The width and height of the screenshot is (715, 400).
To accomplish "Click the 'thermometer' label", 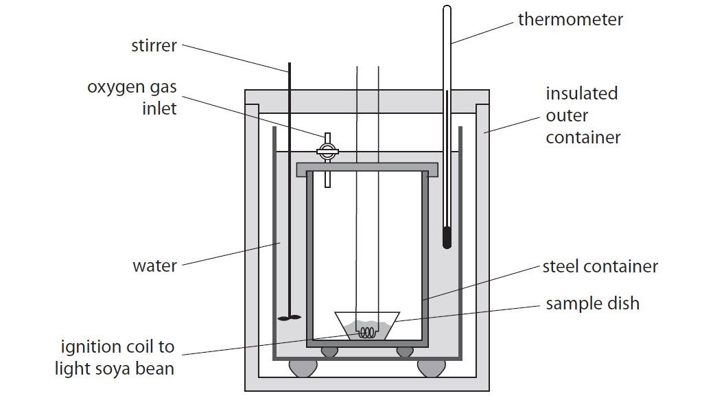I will [x=570, y=19].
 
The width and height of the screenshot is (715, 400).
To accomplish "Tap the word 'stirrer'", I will [x=154, y=47].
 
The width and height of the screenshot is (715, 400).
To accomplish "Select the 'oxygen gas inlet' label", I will [x=132, y=97].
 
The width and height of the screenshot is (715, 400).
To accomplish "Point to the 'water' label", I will [x=154, y=266].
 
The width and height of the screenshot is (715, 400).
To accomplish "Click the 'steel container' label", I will [x=600, y=266].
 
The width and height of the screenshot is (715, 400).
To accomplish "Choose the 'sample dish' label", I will [x=592, y=303].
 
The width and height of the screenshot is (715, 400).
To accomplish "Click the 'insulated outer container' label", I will [x=583, y=115].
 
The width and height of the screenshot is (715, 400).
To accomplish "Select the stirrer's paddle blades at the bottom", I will [x=290, y=318].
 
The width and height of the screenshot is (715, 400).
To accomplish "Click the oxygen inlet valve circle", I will [x=327, y=151].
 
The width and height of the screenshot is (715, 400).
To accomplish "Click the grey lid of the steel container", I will [x=366, y=169].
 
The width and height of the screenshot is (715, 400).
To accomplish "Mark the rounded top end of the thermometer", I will [x=447, y=10].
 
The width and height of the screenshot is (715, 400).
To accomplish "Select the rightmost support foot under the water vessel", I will [x=430, y=368].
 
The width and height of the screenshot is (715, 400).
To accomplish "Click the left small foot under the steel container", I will [x=330, y=351].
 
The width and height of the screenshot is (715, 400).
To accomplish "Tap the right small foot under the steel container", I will [x=405, y=351].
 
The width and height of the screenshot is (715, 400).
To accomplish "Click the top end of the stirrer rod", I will [x=290, y=64].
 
